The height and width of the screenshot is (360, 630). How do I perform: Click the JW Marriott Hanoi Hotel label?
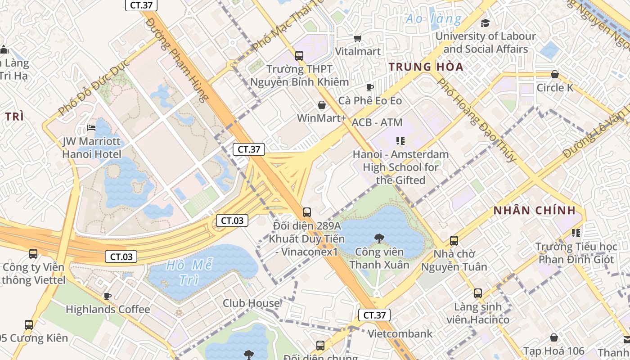click(92, 148)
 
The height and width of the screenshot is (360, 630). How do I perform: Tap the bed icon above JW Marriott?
click(91, 128)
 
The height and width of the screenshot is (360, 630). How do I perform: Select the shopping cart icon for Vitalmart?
click(358, 39)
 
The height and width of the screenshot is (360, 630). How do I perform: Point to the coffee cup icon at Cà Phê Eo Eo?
click(370, 87)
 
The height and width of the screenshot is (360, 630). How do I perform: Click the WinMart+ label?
click(322, 118)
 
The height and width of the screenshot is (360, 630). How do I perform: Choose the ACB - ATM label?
click(377, 122)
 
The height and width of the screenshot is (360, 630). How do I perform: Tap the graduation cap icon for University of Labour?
click(485, 23)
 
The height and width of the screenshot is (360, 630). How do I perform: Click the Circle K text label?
click(555, 87)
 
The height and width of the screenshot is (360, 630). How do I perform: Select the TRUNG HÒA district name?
click(426, 67)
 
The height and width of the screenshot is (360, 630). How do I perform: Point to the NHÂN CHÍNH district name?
click(535, 210)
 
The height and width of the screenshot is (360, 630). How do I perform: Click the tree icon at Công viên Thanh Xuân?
click(379, 238)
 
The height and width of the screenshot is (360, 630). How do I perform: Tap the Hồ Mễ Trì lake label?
click(189, 272)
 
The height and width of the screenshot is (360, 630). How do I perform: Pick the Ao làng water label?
click(433, 19)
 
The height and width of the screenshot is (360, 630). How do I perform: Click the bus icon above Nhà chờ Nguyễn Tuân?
click(454, 241)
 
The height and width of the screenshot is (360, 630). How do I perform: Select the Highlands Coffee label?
click(108, 309)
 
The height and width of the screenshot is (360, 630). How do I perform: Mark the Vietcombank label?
click(400, 333)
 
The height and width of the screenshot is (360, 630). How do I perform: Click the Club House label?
click(251, 303)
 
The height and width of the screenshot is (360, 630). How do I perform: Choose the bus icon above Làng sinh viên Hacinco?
click(478, 294)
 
